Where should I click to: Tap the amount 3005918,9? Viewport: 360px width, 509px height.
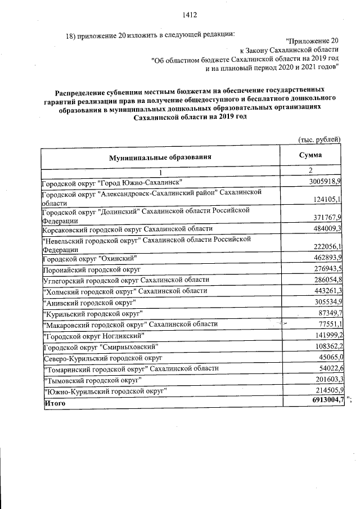(326, 182)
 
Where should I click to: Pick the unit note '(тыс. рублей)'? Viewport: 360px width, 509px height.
(319, 139)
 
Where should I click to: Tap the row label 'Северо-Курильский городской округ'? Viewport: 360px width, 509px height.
(102, 357)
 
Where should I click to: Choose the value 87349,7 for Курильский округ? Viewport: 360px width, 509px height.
(328, 312)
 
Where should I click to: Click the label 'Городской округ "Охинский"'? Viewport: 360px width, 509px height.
(89, 258)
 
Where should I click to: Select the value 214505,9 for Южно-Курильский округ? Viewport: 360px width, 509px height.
(326, 390)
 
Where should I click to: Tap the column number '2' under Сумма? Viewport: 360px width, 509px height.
(310, 170)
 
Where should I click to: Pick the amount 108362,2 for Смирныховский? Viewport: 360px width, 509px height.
(326, 346)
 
